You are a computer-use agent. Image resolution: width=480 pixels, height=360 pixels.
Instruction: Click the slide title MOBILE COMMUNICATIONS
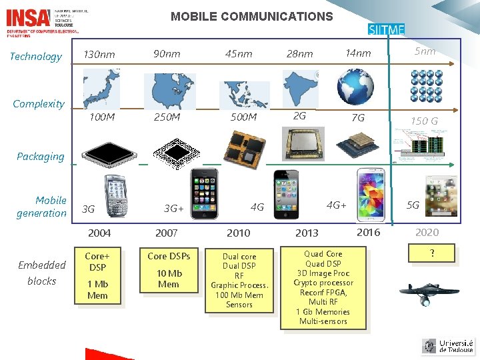[251, 17]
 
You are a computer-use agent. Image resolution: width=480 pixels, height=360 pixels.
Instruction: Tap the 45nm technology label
[239, 54]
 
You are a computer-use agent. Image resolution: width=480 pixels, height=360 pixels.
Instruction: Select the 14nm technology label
[358, 53]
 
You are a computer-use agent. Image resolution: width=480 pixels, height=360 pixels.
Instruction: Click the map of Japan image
[101, 89]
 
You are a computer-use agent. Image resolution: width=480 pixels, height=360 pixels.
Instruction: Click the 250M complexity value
[167, 117]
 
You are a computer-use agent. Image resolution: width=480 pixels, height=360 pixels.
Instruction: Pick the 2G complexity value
[300, 116]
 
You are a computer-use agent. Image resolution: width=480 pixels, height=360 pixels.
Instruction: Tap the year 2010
[239, 233]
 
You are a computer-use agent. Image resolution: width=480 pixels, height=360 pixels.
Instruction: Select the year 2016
[369, 232]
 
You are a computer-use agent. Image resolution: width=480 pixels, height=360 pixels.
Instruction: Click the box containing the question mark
[432, 253]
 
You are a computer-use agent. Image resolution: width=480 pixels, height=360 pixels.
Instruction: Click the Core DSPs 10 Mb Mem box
[169, 270]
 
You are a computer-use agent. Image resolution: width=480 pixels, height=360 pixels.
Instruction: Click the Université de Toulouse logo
[447, 346]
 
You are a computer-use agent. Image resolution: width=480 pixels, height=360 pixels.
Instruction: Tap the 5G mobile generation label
[413, 205]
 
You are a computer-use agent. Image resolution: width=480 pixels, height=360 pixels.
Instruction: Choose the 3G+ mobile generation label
[174, 208]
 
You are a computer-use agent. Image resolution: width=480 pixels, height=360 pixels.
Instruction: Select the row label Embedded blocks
[42, 273]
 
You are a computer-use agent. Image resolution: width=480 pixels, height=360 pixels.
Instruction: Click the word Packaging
[41, 157]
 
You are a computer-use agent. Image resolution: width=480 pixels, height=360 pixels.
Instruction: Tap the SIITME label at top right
[387, 29]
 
